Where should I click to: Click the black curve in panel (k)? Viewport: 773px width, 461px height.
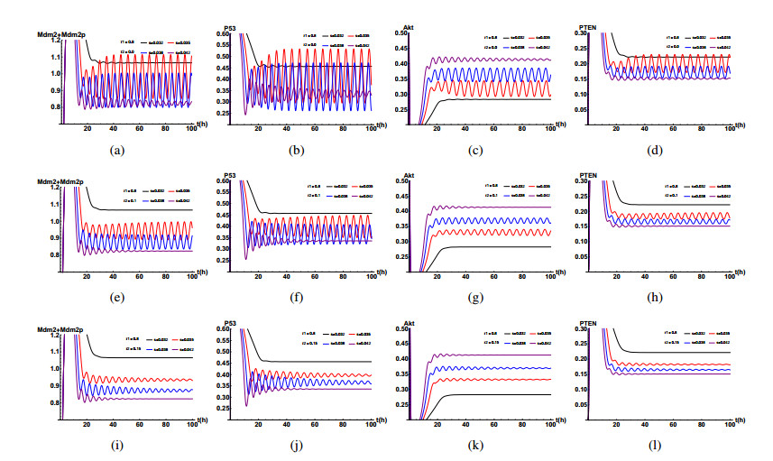click(505, 394)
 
